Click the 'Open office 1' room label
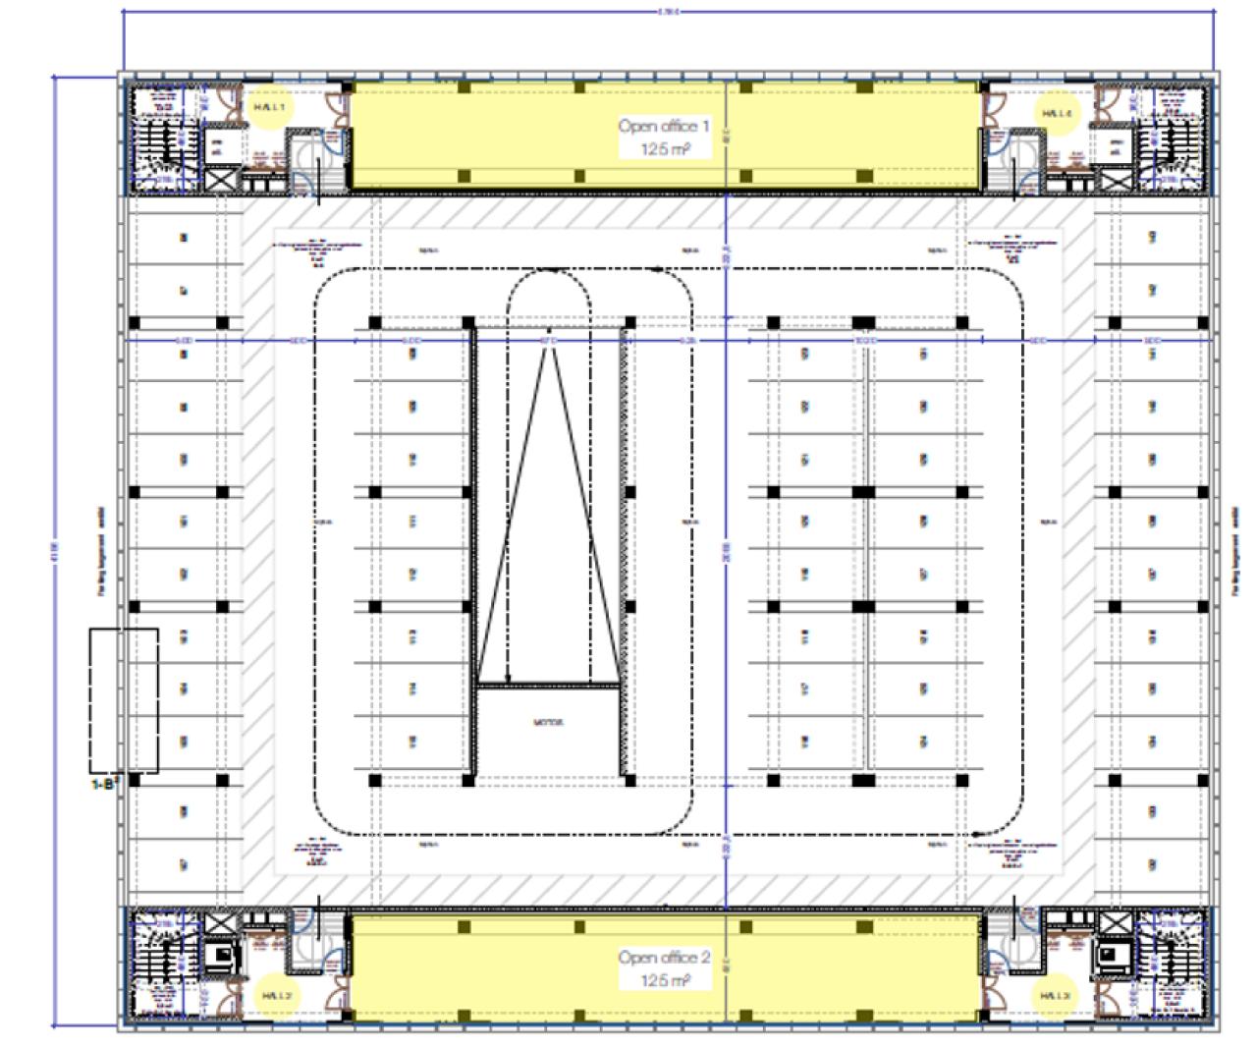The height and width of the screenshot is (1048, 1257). [x=663, y=126]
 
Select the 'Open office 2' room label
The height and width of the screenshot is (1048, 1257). [x=663, y=958]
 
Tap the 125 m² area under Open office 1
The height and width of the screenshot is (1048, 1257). [x=664, y=149]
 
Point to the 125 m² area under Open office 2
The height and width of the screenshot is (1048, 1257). [x=664, y=981]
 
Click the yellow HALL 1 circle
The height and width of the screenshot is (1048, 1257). [x=267, y=109]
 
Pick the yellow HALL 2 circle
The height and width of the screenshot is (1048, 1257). [x=273, y=995]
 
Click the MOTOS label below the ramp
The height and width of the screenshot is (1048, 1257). [x=547, y=723]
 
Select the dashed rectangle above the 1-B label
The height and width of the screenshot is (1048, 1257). [x=124, y=699]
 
